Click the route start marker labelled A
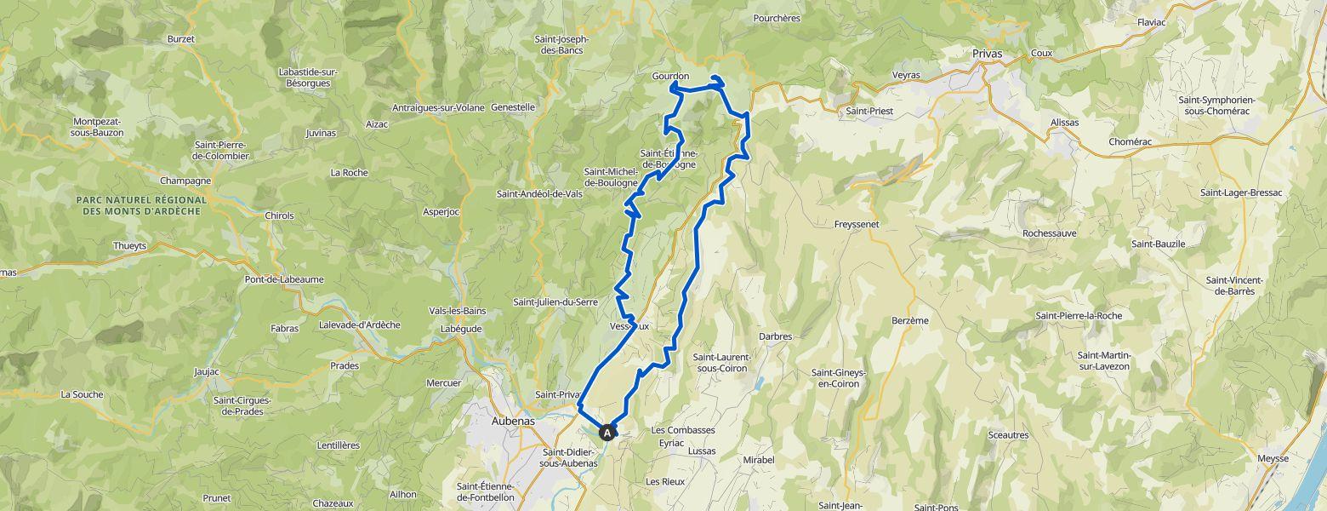608,432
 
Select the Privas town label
987,53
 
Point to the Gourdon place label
670,76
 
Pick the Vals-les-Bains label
456,310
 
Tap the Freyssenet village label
861,225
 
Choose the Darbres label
775,336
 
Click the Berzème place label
910,320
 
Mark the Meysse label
1273,459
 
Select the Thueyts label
130,245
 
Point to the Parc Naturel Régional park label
141,204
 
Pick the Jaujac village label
207,371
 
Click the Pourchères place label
777,17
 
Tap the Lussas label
702,451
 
